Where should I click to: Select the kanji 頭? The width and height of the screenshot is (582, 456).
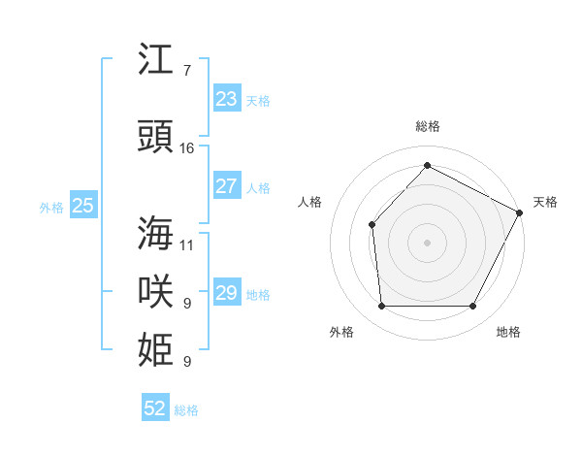157,137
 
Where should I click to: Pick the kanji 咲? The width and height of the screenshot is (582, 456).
157,292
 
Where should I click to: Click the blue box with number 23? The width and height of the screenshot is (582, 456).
226,99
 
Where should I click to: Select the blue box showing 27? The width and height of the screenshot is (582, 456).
226,186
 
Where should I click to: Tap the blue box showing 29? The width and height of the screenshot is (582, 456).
226,293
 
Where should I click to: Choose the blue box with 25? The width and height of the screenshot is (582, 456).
82,206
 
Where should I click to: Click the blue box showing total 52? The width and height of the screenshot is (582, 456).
155,409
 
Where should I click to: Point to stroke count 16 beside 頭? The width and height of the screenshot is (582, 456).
187,148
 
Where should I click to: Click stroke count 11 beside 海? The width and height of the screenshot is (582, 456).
187,244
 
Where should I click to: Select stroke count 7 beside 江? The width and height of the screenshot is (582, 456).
186,71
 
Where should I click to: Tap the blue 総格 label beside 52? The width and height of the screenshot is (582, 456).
186,410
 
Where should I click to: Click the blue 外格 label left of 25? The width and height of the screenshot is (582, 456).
51,207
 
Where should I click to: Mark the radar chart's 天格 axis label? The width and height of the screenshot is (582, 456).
545,202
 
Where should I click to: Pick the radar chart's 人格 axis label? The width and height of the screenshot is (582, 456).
309,202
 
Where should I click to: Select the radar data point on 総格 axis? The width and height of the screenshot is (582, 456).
427,165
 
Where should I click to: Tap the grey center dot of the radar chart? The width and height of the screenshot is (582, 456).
427,242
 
